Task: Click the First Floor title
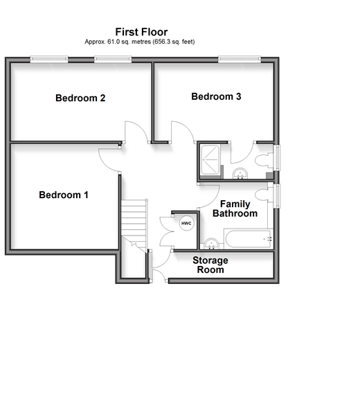coord(141,32)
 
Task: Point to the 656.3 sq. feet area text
coord(174,42)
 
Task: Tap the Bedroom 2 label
coord(80,98)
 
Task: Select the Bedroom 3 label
coord(216,96)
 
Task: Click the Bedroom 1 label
coord(64,195)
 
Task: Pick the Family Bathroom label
coord(235,208)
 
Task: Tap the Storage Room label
coord(210,265)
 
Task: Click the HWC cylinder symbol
coord(186,223)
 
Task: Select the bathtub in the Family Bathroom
coord(249,238)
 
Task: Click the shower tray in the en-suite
coord(210,160)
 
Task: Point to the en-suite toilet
coord(264,161)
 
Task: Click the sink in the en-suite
coord(240,174)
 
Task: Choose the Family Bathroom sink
coord(211,244)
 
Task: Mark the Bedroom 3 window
coord(240,60)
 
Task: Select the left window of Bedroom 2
coord(49,60)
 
